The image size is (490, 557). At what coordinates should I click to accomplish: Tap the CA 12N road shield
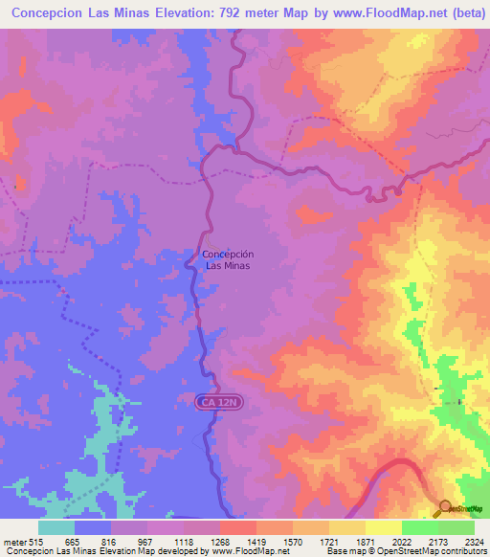222,404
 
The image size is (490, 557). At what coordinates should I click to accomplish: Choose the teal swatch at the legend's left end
56,527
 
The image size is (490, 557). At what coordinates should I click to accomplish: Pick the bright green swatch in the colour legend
419,527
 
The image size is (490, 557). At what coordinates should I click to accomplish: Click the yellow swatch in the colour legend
383,527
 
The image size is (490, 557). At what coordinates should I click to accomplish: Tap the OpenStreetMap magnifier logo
444,507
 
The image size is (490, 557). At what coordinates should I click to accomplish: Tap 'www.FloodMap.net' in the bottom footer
253,551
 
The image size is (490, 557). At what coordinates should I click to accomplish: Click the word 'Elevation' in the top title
178,13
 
